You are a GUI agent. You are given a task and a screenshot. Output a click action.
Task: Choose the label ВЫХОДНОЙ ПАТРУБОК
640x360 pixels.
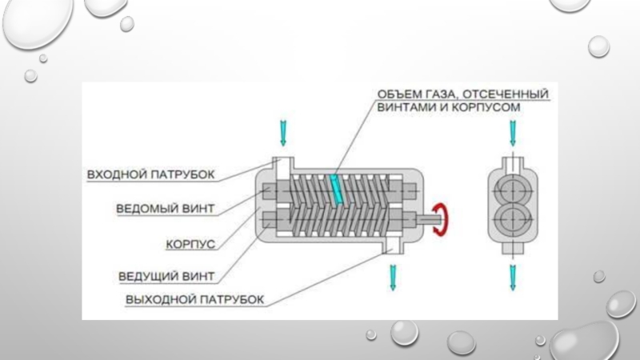194,299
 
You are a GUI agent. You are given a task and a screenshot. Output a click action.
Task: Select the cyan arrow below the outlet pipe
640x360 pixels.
392,277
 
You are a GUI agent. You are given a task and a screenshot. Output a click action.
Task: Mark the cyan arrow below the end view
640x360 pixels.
512,277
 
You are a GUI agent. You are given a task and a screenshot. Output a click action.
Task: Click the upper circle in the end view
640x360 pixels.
512,189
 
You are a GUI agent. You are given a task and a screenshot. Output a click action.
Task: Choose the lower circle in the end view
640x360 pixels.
512,218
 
